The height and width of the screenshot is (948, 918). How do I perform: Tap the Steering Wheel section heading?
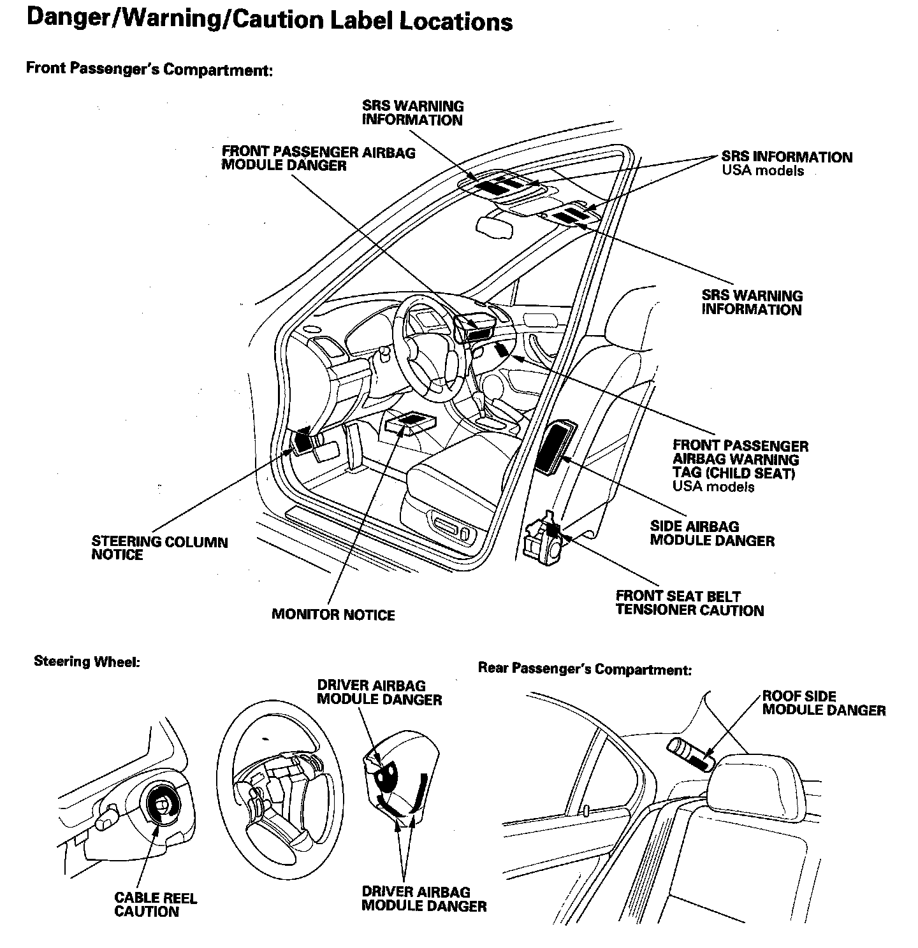point(87,661)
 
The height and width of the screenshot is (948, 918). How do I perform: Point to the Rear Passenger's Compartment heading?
point(585,669)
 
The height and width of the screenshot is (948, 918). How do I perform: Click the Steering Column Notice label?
point(159,549)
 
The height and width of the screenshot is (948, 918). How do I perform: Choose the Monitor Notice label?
point(333,615)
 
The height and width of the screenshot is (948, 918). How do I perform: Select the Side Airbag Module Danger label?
point(711,534)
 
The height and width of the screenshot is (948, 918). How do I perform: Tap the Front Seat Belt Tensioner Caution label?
point(689,603)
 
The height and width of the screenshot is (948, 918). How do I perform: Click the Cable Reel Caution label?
point(156,905)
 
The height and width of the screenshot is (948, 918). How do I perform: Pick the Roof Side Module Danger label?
point(824,703)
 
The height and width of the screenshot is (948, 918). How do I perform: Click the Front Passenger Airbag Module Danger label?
point(318,159)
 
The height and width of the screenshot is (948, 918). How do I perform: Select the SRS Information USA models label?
point(786,163)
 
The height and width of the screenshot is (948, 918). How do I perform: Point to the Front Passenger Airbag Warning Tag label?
point(739,466)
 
